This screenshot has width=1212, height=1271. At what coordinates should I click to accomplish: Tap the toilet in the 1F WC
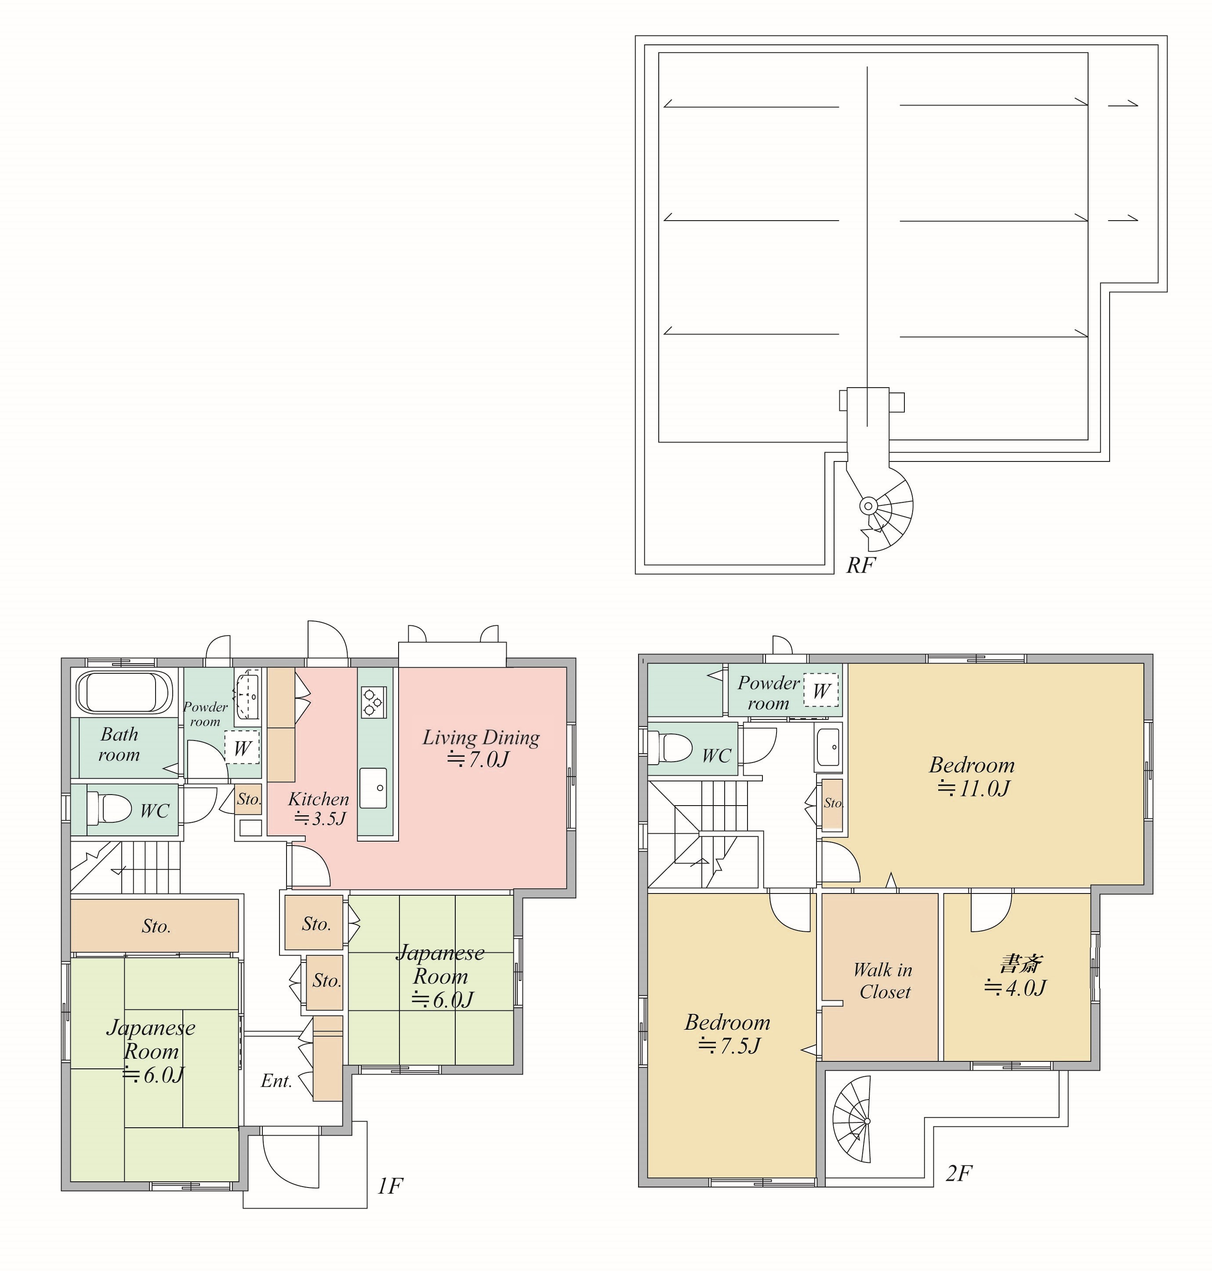pyautogui.click(x=109, y=808)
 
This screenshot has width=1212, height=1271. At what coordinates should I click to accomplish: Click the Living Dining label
pyautogui.click(x=481, y=737)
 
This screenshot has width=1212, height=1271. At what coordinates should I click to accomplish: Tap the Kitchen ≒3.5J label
pyautogui.click(x=319, y=808)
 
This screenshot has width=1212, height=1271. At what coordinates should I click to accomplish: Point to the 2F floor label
pyautogui.click(x=959, y=1173)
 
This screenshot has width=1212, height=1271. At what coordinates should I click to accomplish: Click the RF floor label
pyautogui.click(x=860, y=565)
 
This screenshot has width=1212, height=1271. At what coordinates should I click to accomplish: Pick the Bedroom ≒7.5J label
pyautogui.click(x=727, y=1033)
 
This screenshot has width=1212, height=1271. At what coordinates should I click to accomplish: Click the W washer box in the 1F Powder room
pyautogui.click(x=242, y=748)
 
